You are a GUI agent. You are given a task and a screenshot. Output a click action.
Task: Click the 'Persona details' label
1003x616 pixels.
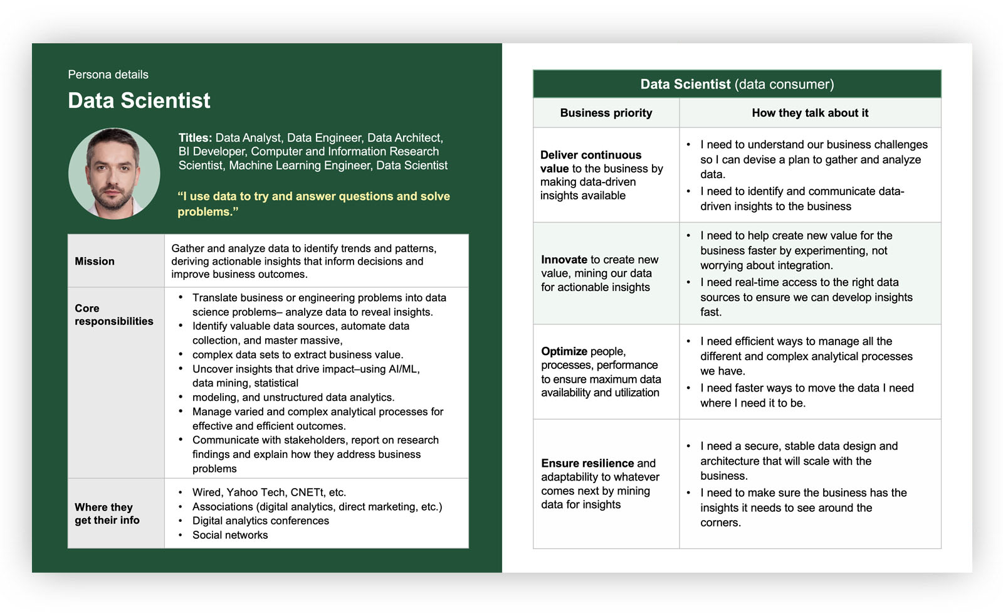(x=108, y=75)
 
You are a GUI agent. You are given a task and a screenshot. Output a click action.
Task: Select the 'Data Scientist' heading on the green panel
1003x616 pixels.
(x=139, y=100)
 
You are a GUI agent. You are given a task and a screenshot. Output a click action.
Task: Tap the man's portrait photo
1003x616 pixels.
(x=113, y=174)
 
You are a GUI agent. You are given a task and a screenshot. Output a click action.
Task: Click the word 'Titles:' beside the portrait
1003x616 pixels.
(x=195, y=138)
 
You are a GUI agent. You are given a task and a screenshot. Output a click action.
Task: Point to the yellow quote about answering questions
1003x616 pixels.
(x=313, y=204)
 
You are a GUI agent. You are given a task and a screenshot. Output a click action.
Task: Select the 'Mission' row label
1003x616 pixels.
(x=95, y=261)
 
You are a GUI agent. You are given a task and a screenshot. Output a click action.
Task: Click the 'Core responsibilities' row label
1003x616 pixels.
(x=113, y=315)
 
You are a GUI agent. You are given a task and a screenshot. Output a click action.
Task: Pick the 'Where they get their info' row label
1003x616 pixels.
(x=107, y=514)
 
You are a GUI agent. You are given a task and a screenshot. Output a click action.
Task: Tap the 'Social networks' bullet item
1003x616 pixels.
(x=230, y=535)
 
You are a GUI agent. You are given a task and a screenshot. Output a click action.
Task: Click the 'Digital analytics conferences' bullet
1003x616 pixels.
(x=260, y=521)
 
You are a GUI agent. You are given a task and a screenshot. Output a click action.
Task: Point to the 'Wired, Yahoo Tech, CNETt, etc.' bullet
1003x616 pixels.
(x=269, y=492)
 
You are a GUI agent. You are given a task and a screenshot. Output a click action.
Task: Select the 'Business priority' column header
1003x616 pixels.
(x=606, y=113)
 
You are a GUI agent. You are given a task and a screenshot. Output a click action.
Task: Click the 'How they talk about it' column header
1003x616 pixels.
(x=809, y=113)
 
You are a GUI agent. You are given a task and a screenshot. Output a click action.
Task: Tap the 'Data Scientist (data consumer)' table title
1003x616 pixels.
(x=737, y=84)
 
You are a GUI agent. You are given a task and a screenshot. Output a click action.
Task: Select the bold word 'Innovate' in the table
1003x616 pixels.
(x=564, y=260)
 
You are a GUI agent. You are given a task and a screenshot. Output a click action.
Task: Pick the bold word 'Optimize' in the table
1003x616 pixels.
(x=564, y=351)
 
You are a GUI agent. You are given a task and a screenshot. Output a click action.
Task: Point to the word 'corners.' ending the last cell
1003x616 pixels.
(x=720, y=523)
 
